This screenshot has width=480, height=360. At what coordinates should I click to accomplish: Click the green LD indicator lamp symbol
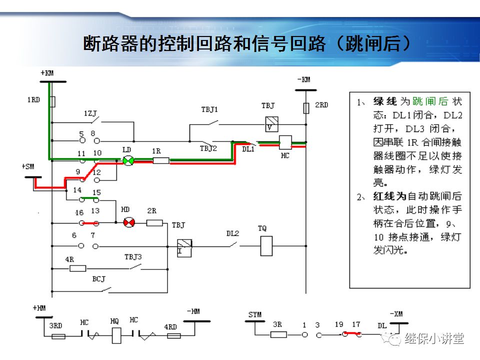click(x=128, y=160)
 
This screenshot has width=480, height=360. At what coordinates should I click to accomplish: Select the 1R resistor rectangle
click(x=160, y=160)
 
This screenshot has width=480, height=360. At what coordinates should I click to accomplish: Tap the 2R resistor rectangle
click(x=154, y=223)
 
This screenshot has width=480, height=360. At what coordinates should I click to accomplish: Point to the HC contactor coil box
click(x=285, y=142)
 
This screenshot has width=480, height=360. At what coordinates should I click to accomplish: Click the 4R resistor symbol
click(x=78, y=268)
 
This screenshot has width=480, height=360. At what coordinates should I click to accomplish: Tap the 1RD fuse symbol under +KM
click(x=52, y=102)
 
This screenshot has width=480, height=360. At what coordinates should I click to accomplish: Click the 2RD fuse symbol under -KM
click(x=306, y=107)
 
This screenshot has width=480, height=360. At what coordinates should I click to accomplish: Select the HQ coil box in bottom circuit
click(x=116, y=334)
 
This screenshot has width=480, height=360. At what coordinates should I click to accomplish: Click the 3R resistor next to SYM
click(x=278, y=335)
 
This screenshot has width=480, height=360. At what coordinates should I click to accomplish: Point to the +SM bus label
click(x=28, y=166)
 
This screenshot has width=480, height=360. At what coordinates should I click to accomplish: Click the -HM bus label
click(x=192, y=311)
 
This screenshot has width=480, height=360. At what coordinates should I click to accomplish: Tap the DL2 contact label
click(x=232, y=233)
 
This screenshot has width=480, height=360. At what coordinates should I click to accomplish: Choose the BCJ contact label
click(x=98, y=278)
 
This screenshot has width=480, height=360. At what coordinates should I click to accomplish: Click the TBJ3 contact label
click(x=133, y=257)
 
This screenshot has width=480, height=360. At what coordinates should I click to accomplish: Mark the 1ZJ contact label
click(x=90, y=114)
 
